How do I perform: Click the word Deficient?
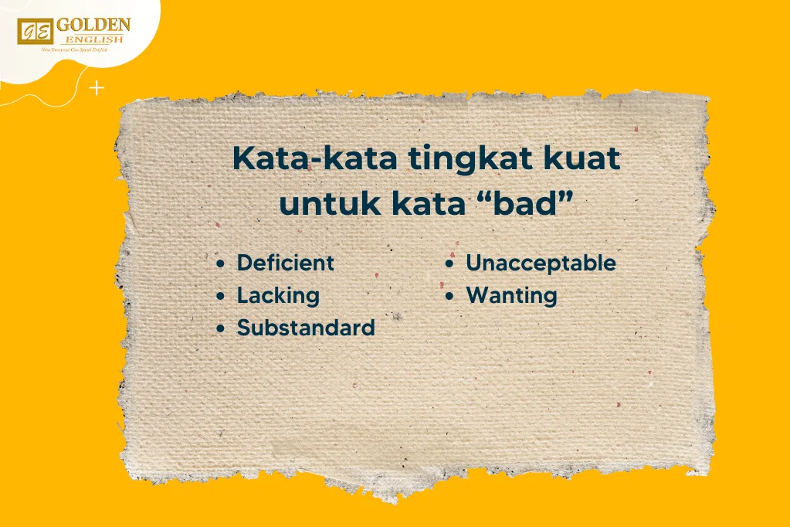tap(285, 263)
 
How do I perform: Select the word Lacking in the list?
tap(277, 295)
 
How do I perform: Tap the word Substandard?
tap(305, 328)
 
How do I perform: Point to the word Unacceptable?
tap(541, 263)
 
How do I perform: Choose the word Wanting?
tap(511, 295)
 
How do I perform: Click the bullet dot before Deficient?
tap(222, 263)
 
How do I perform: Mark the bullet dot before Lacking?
tap(222, 296)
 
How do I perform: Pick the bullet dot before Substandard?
tap(222, 328)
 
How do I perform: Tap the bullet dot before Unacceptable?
tap(449, 263)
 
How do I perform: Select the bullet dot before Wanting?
tap(449, 296)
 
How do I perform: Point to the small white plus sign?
tap(97, 89)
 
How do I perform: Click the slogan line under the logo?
tap(74, 49)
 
